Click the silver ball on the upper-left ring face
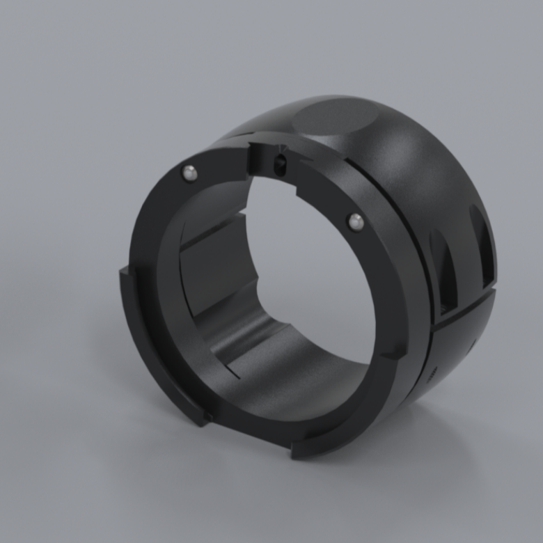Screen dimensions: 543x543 tap(188, 172)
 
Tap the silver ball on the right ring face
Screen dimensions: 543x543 tap(356, 221)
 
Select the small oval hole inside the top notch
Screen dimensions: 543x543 tap(279, 165)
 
